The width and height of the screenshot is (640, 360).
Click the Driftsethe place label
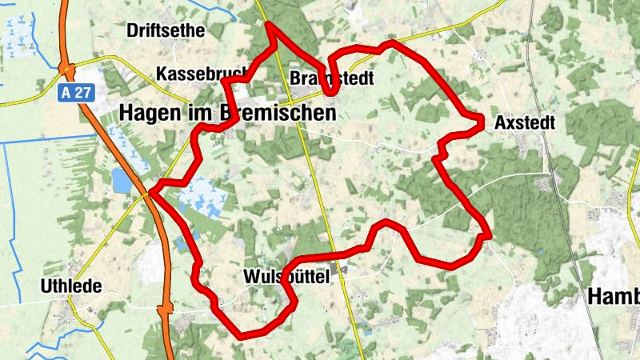point(166,31)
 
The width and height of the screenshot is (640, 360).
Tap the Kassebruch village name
point(202,74)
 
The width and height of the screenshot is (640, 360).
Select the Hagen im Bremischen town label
point(227,114)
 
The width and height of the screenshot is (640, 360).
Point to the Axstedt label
point(525,123)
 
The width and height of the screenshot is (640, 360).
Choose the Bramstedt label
point(331,78)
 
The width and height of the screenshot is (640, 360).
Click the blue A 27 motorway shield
point(77,92)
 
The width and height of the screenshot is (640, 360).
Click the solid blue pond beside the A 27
point(122,180)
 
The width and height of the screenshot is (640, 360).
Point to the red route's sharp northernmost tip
point(270,25)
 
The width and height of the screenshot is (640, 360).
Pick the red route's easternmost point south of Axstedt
point(488,235)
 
